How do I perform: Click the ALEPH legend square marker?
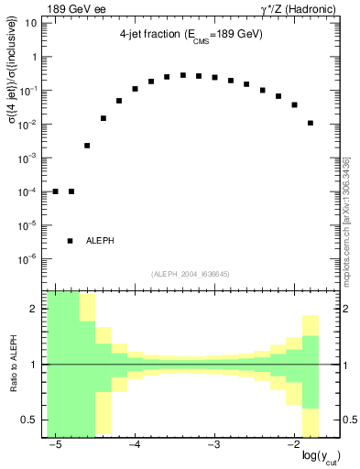tap(71, 240)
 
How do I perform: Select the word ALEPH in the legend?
tap(101, 241)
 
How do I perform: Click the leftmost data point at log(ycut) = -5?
tap(55, 191)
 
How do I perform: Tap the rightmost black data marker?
tap(311, 123)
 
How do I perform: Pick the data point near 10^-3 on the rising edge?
tap(87, 145)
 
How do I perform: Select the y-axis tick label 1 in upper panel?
tap(36, 57)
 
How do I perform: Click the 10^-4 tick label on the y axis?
tap(30, 191)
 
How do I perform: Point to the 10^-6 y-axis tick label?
tap(30, 259)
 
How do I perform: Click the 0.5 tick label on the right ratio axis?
tap(348, 420)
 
